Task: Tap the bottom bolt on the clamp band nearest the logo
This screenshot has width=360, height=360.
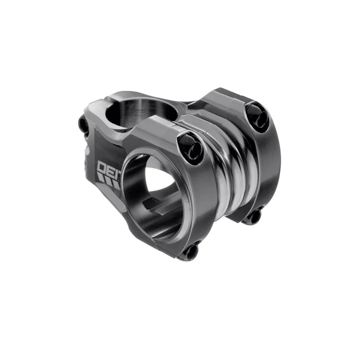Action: coord(191,250)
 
